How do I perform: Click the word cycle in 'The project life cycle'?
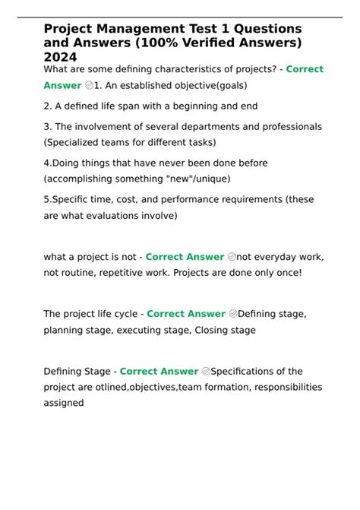click(127, 314)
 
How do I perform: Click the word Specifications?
click(249, 372)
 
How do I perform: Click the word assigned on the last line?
click(64, 403)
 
